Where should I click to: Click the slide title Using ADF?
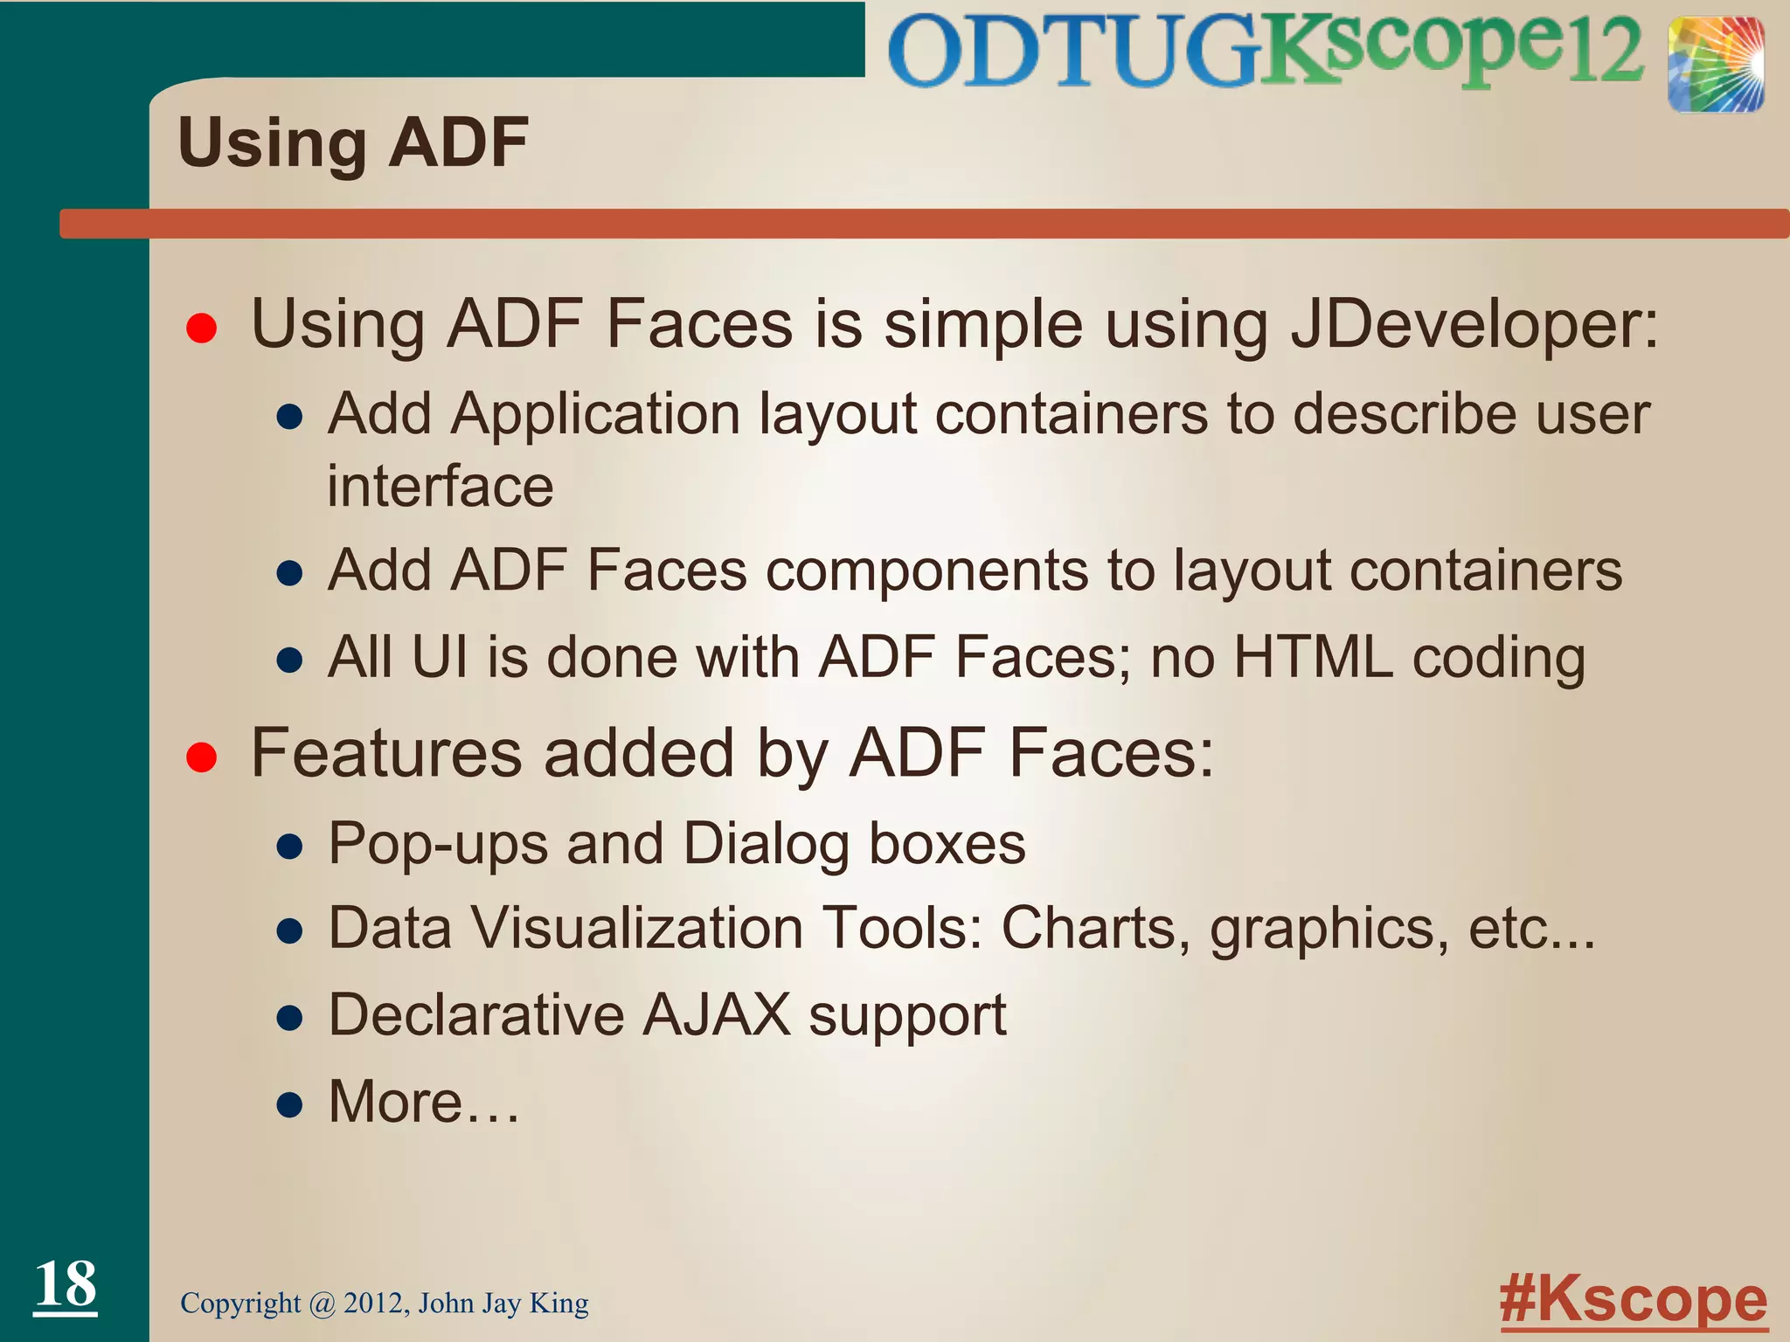click(353, 143)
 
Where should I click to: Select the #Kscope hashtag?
click(1633, 1300)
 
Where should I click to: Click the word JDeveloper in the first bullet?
click(1474, 326)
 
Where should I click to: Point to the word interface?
click(441, 487)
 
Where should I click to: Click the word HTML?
click(1313, 657)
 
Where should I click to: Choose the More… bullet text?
click(424, 1102)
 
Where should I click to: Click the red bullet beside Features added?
click(201, 757)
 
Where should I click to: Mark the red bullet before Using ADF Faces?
click(201, 329)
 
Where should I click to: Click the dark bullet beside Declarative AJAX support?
click(289, 1018)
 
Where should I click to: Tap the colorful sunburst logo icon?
click(1715, 66)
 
